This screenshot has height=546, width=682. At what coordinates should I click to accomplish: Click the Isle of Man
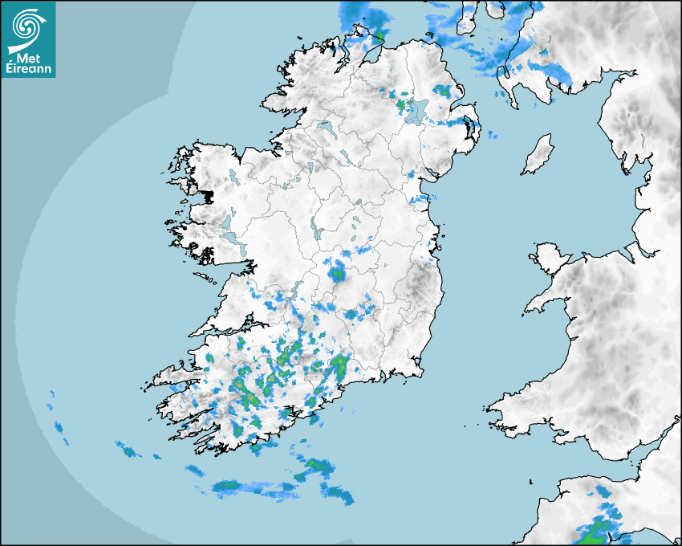coord(538,155)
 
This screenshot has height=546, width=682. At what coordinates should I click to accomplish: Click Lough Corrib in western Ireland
coord(233,244)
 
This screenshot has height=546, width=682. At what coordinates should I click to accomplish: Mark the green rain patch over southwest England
coord(595,531)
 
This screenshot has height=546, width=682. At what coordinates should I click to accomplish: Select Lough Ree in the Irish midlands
coord(315,228)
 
